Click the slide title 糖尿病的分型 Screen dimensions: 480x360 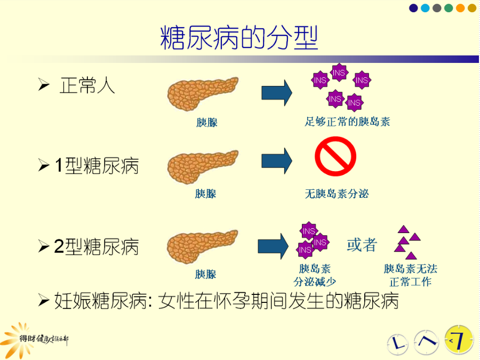[x=239, y=38]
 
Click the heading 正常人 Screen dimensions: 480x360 [x=87, y=85]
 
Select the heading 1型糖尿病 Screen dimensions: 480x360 [x=97, y=166]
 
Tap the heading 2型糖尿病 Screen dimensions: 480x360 [x=97, y=246]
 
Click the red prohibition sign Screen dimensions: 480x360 [x=335, y=156]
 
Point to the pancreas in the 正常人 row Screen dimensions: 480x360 [x=202, y=93]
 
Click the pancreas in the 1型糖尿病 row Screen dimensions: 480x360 [x=202, y=166]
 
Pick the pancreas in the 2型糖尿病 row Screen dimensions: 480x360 [x=202, y=246]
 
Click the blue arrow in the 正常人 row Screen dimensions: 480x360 [x=277, y=93]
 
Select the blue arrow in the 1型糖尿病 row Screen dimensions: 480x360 [x=277, y=161]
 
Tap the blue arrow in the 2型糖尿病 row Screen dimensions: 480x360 [x=273, y=246]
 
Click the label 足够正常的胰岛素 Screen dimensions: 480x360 [x=347, y=122]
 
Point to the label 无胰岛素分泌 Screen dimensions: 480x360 [x=337, y=194]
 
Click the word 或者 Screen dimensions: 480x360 [x=362, y=245]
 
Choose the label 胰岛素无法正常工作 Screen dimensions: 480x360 [x=411, y=275]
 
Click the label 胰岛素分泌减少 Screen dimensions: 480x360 [x=315, y=275]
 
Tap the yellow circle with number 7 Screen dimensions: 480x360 [x=459, y=340]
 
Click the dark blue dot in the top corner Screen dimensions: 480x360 [x=413, y=8]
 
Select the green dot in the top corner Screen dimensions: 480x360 [x=449, y=8]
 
